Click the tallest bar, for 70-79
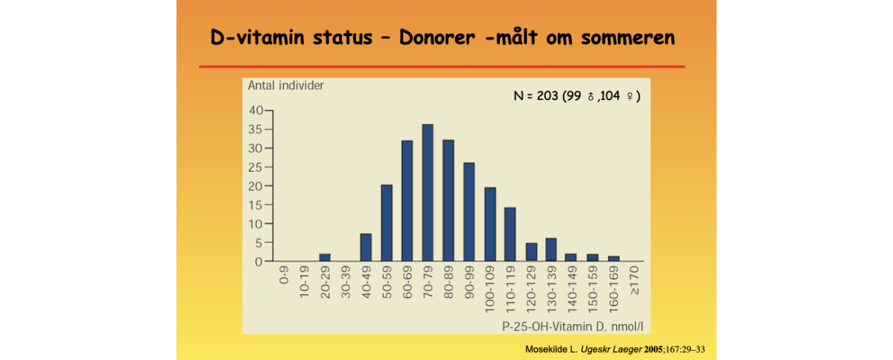coord(427,193)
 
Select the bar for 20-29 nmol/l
coord(324,257)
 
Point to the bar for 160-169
coord(614,258)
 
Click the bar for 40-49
coord(365,247)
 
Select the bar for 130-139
coord(551,249)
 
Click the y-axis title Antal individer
coord(286,86)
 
